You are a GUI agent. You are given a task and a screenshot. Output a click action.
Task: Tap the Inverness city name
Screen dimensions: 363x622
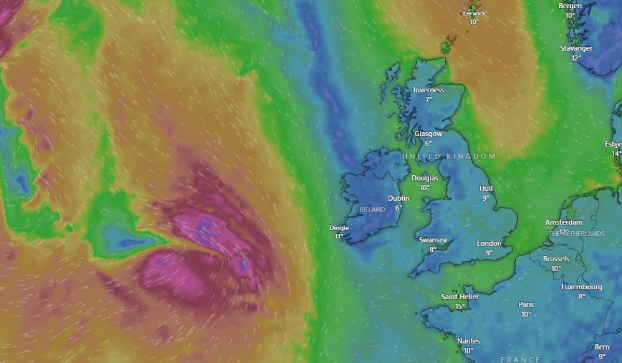click(429, 90)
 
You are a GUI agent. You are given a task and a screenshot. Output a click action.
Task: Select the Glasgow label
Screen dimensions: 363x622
click(428, 134)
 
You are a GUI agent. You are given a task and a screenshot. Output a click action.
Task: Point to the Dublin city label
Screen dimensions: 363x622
click(399, 198)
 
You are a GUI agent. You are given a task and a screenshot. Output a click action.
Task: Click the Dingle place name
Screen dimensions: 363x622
click(339, 228)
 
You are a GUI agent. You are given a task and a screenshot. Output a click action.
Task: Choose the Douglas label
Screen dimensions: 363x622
click(425, 178)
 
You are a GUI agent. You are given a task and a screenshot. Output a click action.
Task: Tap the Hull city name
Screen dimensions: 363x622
click(486, 188)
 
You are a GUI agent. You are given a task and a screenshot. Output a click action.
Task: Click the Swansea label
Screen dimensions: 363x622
click(432, 240)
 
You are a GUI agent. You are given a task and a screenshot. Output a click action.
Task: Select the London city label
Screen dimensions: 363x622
click(489, 243)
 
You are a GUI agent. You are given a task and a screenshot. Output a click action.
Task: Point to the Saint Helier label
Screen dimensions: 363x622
click(460, 297)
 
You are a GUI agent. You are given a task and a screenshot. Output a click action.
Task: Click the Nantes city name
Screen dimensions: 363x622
click(468, 341)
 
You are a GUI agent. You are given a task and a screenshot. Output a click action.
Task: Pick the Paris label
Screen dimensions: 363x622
click(526, 304)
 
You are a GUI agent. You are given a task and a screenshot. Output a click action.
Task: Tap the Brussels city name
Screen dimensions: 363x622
click(556, 259)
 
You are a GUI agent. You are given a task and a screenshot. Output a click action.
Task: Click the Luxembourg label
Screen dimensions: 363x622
click(582, 287)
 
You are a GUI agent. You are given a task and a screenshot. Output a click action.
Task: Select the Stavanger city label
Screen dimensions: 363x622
click(576, 48)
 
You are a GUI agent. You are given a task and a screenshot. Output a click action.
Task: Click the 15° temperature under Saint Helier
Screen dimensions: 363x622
click(460, 306)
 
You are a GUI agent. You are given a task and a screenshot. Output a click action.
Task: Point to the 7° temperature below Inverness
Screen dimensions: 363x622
click(429, 100)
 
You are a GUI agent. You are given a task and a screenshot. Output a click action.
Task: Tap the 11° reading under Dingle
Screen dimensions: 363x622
click(339, 236)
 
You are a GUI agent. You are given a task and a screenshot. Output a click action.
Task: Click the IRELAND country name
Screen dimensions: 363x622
click(373, 210)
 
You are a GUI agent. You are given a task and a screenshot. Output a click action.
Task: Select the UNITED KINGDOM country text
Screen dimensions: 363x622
click(449, 156)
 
